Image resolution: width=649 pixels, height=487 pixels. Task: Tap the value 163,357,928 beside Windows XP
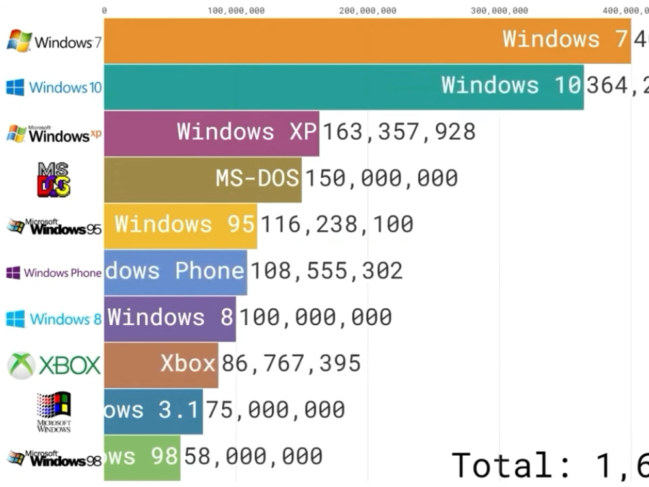(399, 132)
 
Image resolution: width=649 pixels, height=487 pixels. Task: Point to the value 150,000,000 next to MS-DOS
(381, 178)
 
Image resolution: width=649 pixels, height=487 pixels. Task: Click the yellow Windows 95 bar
(180, 225)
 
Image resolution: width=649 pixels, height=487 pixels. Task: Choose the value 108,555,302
(326, 271)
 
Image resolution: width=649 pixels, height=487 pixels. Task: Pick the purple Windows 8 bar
(170, 318)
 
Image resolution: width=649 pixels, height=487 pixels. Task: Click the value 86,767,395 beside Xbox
(291, 363)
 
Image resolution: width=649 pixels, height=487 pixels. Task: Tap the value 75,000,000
(276, 410)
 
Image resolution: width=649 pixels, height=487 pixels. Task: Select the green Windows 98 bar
(142, 456)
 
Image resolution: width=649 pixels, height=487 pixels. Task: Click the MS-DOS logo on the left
(53, 179)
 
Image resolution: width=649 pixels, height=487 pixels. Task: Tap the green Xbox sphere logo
(21, 365)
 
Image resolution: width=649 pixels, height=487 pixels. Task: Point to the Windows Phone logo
(53, 273)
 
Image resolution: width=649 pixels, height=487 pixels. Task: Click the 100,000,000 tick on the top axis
(236, 10)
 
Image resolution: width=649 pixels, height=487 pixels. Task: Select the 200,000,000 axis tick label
(367, 10)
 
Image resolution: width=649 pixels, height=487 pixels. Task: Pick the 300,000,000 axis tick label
(499, 10)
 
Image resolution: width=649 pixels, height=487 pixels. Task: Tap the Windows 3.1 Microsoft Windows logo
(53, 411)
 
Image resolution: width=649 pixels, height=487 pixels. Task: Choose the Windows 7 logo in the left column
(53, 42)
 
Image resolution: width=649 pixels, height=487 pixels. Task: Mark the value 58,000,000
(253, 456)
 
